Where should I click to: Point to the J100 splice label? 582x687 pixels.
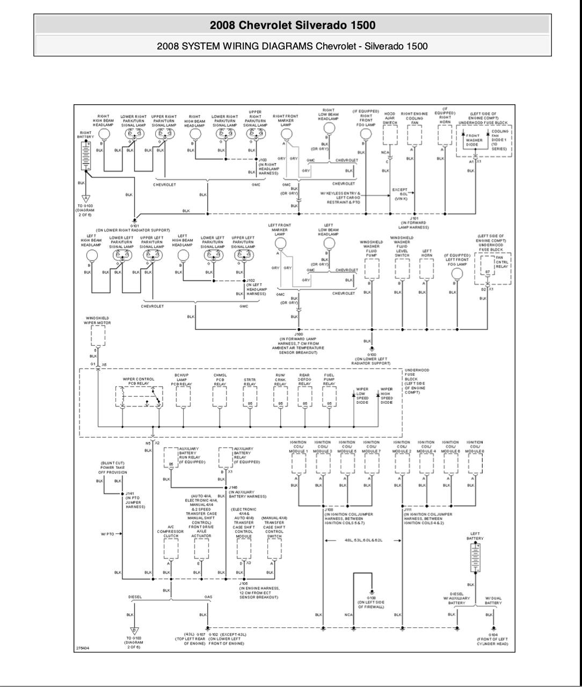coord(299,334)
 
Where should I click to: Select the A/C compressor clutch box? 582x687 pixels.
coord(171,548)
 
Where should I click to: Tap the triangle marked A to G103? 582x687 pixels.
coord(85,199)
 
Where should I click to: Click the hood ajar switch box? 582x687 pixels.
coord(390,137)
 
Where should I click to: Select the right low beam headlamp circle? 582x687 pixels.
coord(329,127)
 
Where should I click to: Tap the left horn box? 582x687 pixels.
coord(427,268)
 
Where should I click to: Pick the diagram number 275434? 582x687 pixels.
coord(84,648)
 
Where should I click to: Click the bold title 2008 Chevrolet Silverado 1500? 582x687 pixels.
coord(293,25)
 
